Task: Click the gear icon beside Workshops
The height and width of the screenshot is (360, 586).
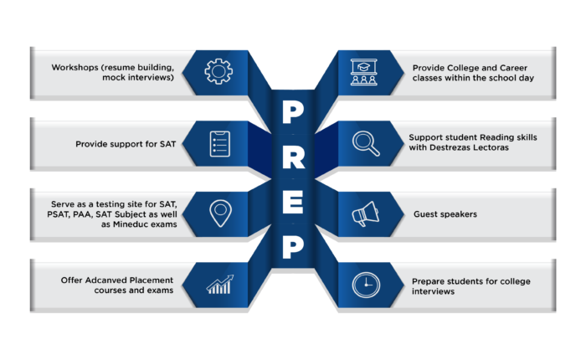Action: pyautogui.click(x=218, y=71)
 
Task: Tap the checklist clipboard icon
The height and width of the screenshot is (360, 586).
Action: pyautogui.click(x=219, y=144)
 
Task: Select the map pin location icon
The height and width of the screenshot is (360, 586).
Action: pyautogui.click(x=220, y=213)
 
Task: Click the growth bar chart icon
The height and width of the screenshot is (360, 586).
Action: pyautogui.click(x=220, y=285)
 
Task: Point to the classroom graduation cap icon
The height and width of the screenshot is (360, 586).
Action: pyautogui.click(x=363, y=72)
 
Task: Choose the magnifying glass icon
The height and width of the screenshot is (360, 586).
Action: pyautogui.click(x=366, y=143)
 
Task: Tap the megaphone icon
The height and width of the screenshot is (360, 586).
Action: pyautogui.click(x=365, y=213)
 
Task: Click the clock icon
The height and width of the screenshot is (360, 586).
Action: pyautogui.click(x=366, y=285)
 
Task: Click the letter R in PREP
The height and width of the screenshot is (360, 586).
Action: pyautogui.click(x=293, y=157)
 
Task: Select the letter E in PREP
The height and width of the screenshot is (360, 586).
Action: pyautogui.click(x=293, y=203)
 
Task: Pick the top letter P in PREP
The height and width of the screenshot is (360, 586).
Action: pyautogui.click(x=293, y=112)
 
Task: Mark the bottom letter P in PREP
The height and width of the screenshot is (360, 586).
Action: pyautogui.click(x=293, y=247)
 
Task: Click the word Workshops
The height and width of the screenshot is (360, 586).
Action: pyautogui.click(x=75, y=67)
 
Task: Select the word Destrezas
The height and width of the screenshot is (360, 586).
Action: pyautogui.click(x=450, y=147)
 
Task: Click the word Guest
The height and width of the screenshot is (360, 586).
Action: pyautogui.click(x=425, y=214)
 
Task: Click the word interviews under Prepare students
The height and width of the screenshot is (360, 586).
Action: pyautogui.click(x=433, y=291)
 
